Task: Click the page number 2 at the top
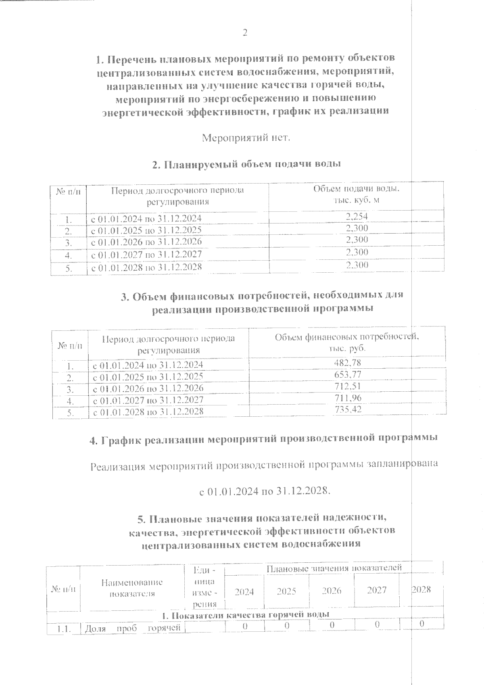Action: click(244, 33)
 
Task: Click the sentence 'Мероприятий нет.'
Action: click(246, 138)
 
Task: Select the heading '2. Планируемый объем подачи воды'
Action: click(246, 164)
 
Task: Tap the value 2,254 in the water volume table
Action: click(357, 217)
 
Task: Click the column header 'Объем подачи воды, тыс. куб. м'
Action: click(357, 194)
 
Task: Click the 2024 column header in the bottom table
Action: click(244, 591)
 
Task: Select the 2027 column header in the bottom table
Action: click(377, 590)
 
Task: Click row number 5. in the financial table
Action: click(70, 413)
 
